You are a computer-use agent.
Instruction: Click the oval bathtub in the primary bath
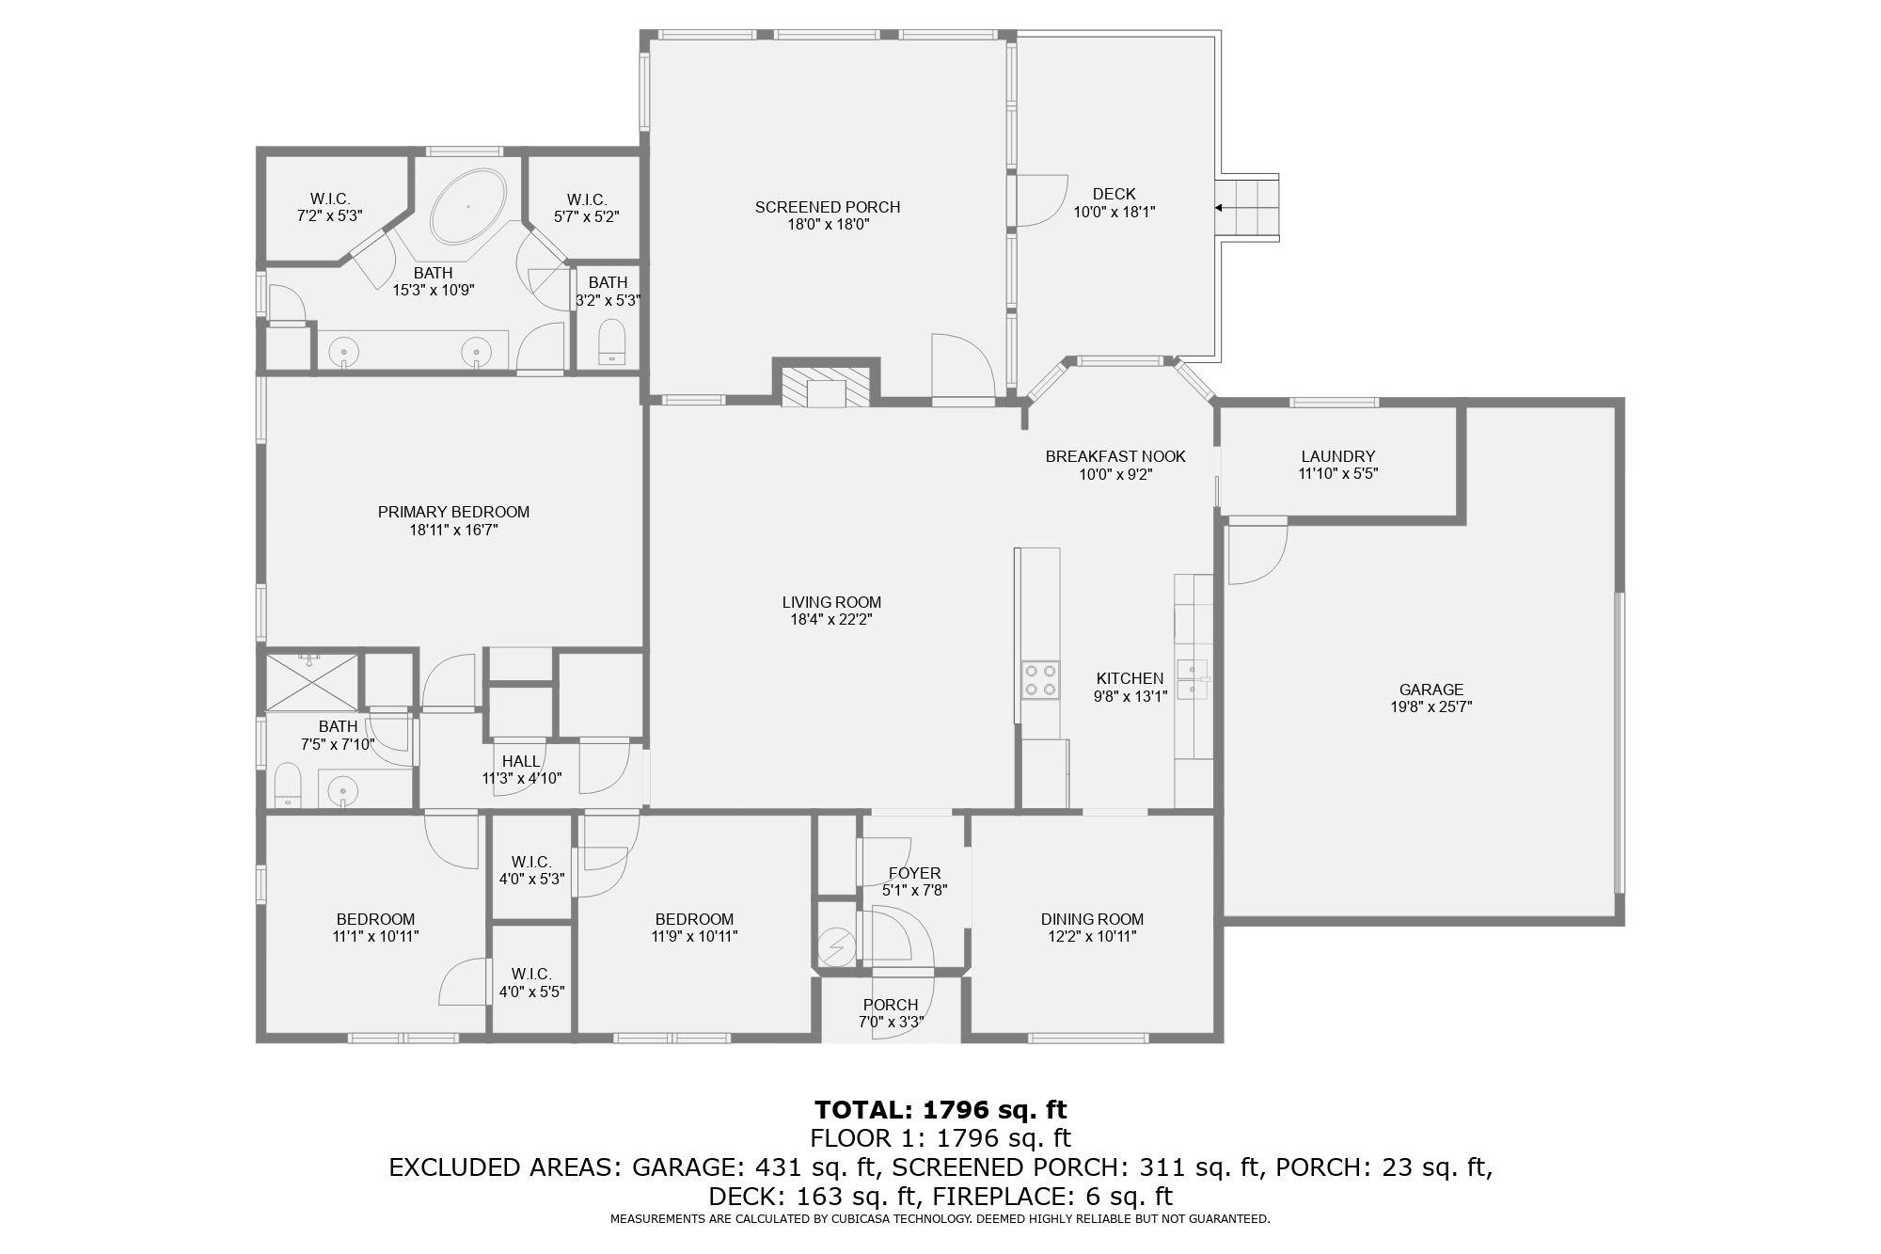click(x=468, y=206)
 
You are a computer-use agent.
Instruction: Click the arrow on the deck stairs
click(x=1221, y=208)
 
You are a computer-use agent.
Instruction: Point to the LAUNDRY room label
click(x=1337, y=456)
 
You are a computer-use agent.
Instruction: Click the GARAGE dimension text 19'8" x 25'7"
click(x=1431, y=707)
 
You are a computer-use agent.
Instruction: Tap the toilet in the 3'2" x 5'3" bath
click(x=612, y=341)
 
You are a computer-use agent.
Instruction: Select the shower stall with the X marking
click(x=312, y=681)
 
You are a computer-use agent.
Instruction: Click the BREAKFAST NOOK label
click(x=1115, y=456)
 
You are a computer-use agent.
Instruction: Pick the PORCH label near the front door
click(x=890, y=1005)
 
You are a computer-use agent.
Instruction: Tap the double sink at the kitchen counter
click(x=1192, y=679)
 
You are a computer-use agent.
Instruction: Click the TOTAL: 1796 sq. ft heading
click(x=940, y=1109)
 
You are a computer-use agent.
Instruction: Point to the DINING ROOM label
click(x=1092, y=919)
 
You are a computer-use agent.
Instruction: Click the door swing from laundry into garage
click(x=1257, y=552)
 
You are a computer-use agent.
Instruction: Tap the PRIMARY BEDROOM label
click(x=453, y=512)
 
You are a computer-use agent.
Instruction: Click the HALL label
click(x=521, y=761)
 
